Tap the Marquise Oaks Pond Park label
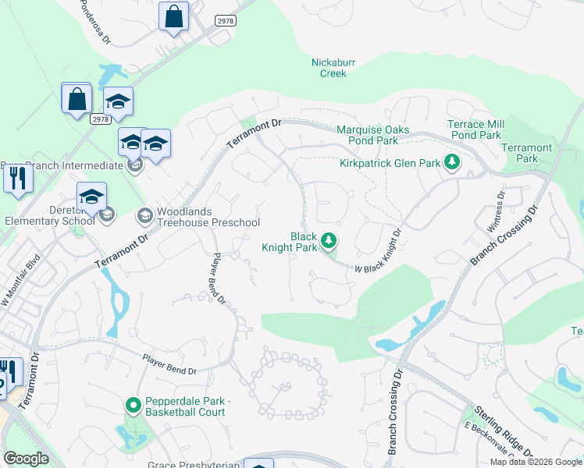(x=367, y=135)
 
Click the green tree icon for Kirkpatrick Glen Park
(x=451, y=162)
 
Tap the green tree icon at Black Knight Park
(x=329, y=240)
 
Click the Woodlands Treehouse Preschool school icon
(x=144, y=214)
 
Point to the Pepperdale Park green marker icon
(x=133, y=406)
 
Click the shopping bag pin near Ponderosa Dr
(x=173, y=16)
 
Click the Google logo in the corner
(x=26, y=459)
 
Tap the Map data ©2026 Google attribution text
(x=536, y=462)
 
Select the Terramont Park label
(x=526, y=153)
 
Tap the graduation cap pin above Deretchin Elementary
(x=91, y=197)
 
